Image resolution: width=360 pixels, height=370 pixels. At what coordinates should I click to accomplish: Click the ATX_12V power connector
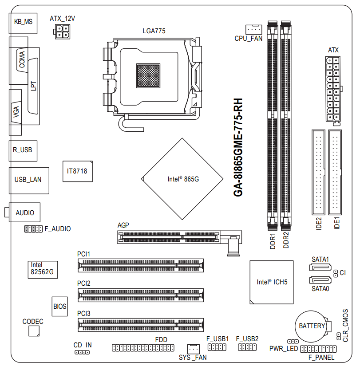tap(62, 31)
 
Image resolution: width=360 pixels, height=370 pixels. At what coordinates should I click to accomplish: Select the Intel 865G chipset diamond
tap(182, 179)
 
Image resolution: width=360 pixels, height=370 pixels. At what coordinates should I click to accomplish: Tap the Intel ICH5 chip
tap(272, 282)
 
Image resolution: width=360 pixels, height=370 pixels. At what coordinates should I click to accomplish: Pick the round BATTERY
tap(312, 326)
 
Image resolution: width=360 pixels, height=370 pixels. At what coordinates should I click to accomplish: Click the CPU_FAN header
tap(254, 29)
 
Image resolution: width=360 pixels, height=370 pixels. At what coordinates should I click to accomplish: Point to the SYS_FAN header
tap(194, 349)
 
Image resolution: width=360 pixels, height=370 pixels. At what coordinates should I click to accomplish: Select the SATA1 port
tap(320, 268)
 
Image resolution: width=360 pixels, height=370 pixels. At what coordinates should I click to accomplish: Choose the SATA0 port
tap(320, 280)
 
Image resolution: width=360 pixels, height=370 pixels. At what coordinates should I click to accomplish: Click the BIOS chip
tap(60, 306)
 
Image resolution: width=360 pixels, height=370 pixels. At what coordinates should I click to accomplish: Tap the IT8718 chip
tap(78, 171)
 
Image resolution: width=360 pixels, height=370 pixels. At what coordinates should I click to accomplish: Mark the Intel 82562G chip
tap(43, 269)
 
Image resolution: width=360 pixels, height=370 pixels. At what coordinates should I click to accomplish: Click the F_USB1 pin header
tap(217, 347)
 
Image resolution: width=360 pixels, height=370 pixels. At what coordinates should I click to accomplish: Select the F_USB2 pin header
tap(247, 347)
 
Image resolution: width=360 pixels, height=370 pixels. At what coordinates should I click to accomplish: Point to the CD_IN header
tap(82, 352)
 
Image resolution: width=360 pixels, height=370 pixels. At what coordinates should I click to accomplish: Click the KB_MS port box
tap(23, 24)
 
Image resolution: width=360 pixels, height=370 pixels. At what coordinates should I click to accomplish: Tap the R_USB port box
tap(23, 151)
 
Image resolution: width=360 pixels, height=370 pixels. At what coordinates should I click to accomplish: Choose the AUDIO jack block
tap(24, 212)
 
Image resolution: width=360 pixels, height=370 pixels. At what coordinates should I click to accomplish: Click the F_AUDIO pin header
tap(33, 228)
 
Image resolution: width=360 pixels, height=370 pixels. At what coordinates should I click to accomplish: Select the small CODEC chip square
tap(34, 331)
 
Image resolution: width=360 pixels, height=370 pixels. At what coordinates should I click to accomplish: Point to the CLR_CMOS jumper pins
tap(339, 336)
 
